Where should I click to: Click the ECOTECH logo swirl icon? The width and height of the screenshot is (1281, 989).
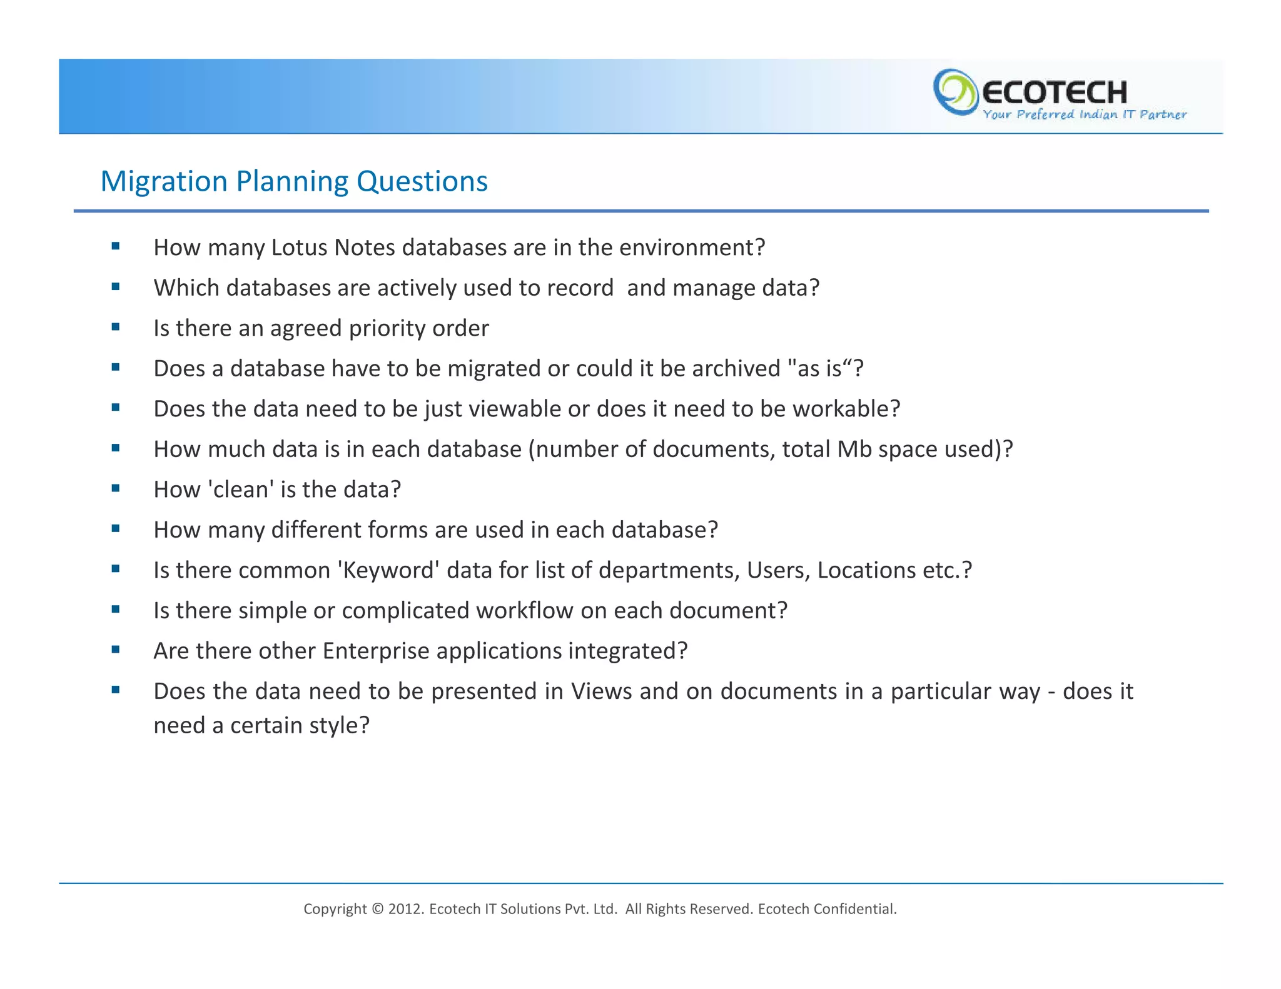[x=954, y=93]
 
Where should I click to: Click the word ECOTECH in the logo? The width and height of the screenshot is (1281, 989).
[x=1055, y=93]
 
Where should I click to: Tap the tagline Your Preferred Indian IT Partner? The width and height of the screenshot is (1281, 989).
[x=1084, y=114]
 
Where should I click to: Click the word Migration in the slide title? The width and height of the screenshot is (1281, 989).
[x=164, y=182]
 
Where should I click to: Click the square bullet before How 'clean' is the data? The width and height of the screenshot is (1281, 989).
[x=116, y=489]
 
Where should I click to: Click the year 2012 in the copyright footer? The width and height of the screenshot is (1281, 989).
[x=405, y=909]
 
